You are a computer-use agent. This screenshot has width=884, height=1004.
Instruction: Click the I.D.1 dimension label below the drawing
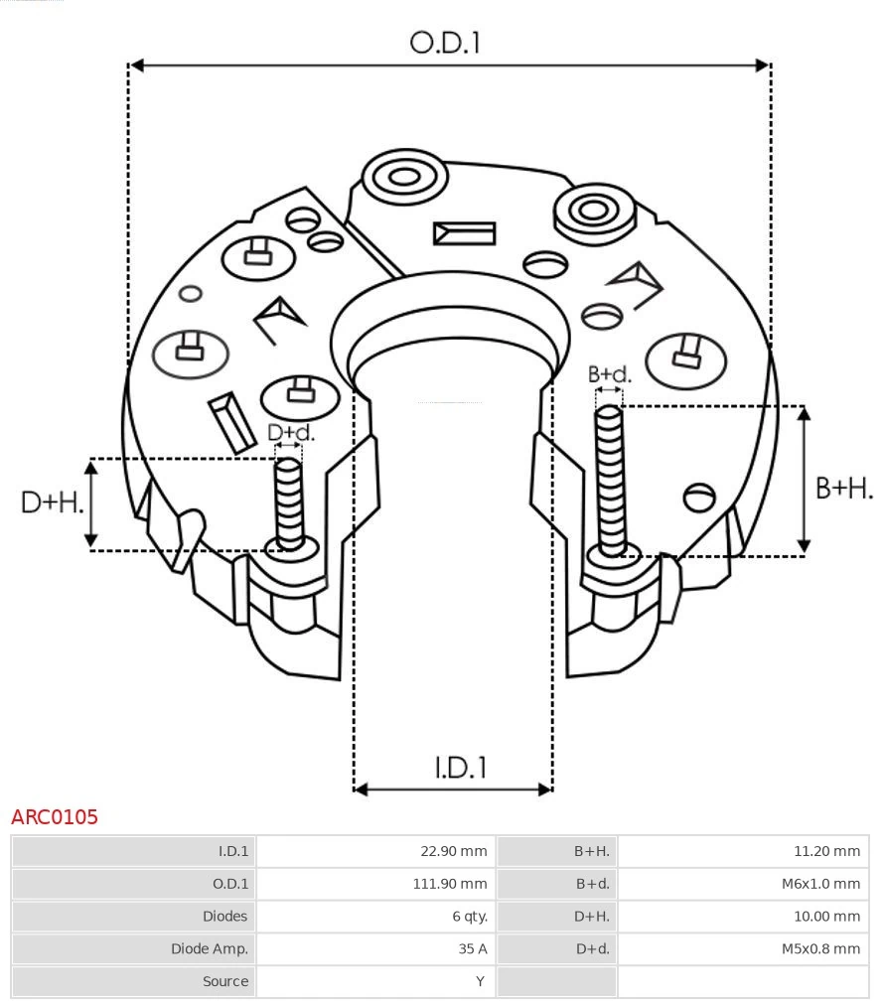coord(460,767)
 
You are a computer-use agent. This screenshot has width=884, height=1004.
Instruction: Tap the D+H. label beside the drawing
coord(52,502)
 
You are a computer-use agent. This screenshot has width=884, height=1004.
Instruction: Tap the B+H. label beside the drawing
coord(843,488)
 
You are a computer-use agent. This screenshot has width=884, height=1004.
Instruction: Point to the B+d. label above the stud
coord(609,374)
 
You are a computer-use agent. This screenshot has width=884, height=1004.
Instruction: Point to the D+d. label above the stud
coord(291,433)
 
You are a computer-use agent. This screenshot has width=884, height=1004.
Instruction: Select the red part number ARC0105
coord(55,817)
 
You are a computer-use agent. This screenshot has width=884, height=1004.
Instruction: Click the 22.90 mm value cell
coord(453,851)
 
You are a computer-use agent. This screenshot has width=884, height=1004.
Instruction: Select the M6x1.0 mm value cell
coord(819,884)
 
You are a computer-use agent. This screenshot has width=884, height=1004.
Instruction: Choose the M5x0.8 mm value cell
coord(819,948)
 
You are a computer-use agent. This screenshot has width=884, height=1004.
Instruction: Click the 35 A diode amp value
coord(472,948)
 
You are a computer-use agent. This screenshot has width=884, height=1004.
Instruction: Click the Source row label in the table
coord(224,981)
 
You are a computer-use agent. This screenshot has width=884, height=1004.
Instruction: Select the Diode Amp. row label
coord(210,948)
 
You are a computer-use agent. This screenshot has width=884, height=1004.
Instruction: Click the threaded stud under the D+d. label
coord(289,502)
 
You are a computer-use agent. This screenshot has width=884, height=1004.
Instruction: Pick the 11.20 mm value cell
coord(826,851)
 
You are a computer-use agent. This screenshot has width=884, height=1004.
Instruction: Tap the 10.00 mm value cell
coord(826,916)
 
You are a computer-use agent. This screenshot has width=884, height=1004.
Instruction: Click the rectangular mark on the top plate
coord(464,233)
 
